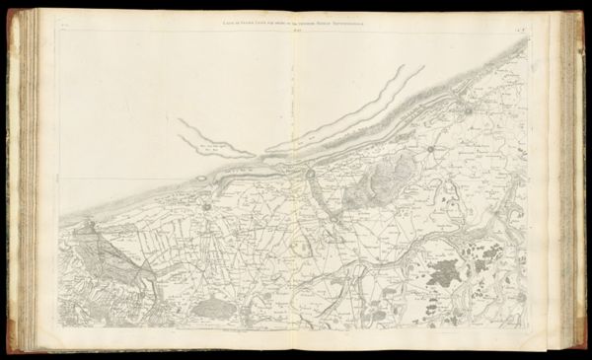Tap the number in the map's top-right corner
click(x=546, y=21)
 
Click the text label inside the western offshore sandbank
click(x=207, y=145)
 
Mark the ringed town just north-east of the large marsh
click(x=430, y=151)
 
